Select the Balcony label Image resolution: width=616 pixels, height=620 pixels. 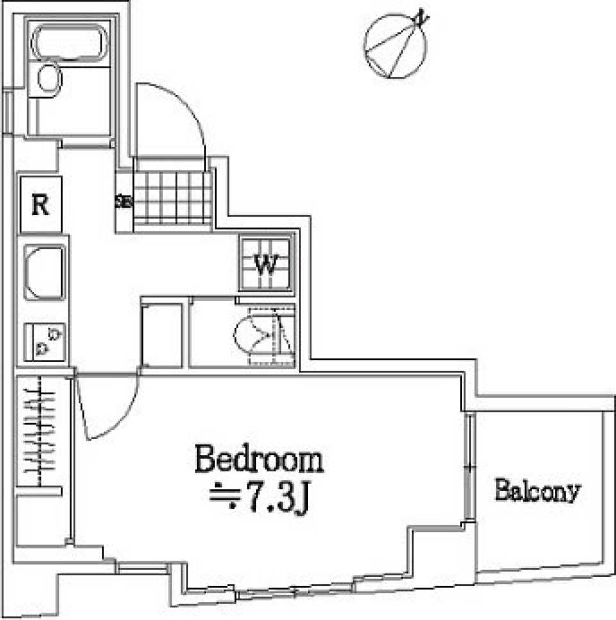537,492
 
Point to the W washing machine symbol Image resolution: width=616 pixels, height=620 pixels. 267,264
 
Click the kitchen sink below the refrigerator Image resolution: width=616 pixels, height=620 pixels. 44,272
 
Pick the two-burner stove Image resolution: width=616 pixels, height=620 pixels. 45,341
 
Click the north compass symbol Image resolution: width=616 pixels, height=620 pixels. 395,45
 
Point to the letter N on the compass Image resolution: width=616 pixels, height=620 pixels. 421,17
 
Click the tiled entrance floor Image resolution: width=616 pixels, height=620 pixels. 172,196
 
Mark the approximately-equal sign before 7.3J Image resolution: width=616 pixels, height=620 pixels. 224,495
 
